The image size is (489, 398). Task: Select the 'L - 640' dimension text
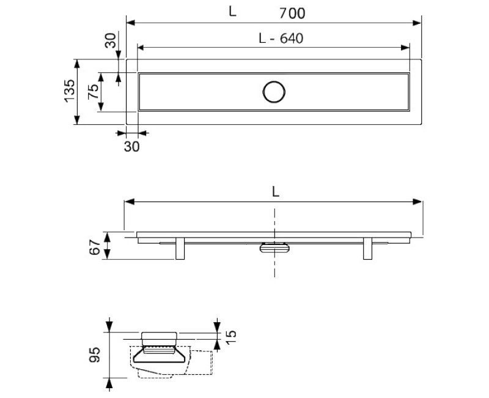click(x=281, y=38)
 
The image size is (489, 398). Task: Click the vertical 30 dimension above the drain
click(x=110, y=41)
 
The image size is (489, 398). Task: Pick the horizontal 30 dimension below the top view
click(x=132, y=146)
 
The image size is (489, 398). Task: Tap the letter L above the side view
click(x=276, y=191)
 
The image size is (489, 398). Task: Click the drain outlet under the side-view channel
click(x=274, y=247)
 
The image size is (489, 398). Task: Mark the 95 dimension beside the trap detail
click(x=92, y=355)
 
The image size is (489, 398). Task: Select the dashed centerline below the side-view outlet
click(x=274, y=266)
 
